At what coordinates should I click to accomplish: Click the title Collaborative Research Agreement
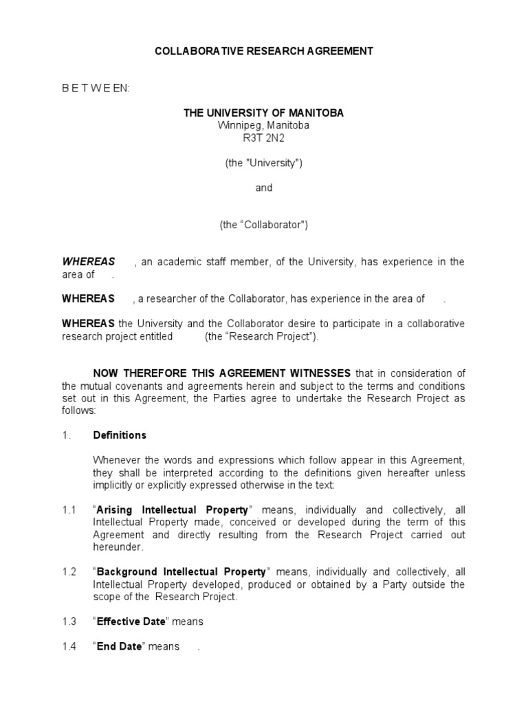[x=264, y=51]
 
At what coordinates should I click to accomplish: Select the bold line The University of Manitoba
[x=264, y=113]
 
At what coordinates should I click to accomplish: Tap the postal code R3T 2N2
[x=264, y=137]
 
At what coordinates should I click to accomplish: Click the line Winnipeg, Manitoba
[x=264, y=125]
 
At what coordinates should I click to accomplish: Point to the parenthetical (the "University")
[x=264, y=163]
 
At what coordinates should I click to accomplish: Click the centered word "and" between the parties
[x=264, y=188]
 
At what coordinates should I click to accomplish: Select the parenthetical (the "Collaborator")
[x=264, y=225]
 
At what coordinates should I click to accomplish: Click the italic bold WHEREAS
[x=89, y=262]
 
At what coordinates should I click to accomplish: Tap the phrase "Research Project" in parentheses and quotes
[x=262, y=336]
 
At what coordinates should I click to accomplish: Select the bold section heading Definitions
[x=120, y=435]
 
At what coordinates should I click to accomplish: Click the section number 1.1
[x=69, y=510]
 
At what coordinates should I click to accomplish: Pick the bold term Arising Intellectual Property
[x=173, y=510]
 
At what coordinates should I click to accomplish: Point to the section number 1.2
[x=69, y=572]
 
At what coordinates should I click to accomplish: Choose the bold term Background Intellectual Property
[x=181, y=572]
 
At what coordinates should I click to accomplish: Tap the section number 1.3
[x=69, y=621]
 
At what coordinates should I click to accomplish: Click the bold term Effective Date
[x=131, y=621]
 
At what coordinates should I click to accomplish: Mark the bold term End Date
[x=120, y=646]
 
